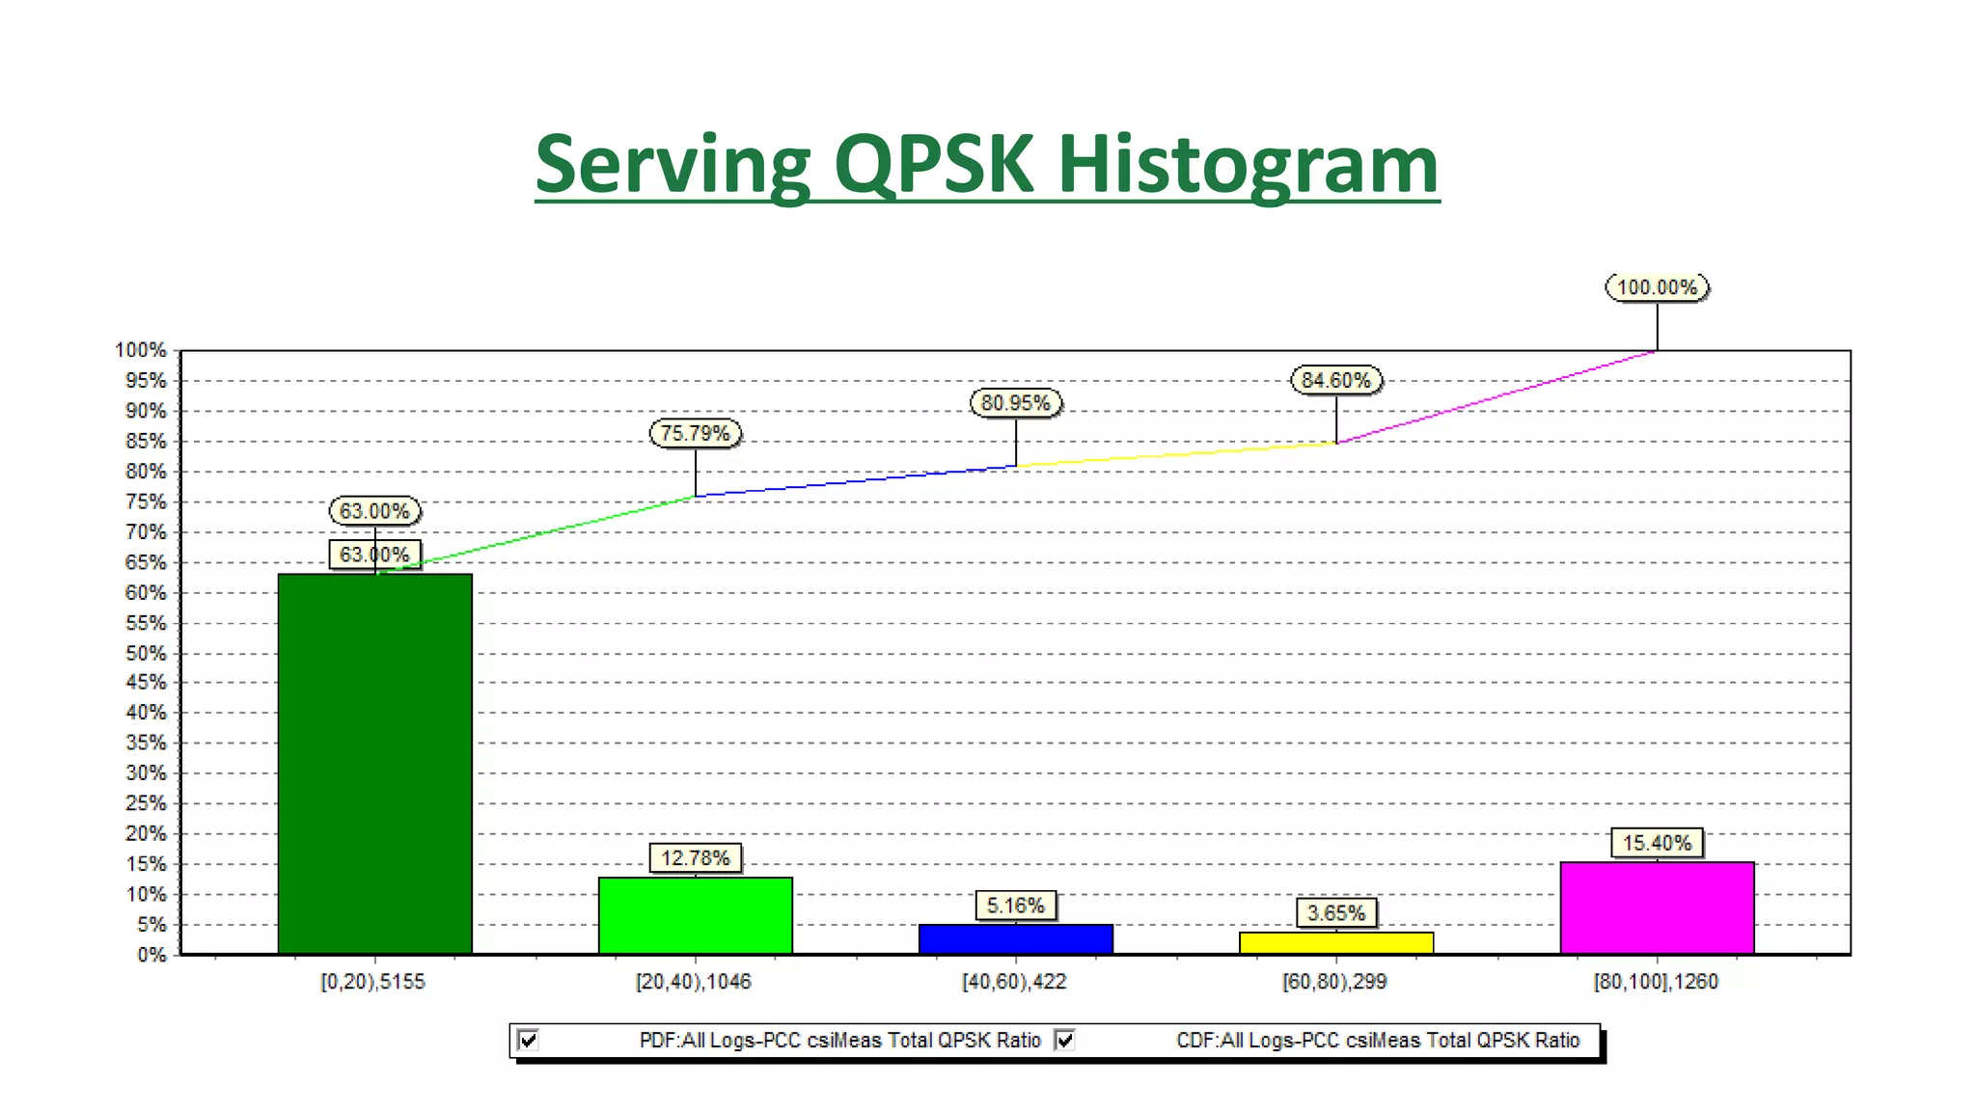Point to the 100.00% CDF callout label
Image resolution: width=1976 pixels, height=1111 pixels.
pyautogui.click(x=1657, y=287)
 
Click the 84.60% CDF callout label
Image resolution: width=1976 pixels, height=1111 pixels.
pyautogui.click(x=1336, y=380)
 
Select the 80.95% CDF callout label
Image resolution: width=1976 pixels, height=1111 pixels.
pyautogui.click(x=1016, y=403)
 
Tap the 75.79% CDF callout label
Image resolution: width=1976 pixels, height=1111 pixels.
pyautogui.click(x=696, y=434)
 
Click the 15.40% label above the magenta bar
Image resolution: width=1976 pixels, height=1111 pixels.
pyautogui.click(x=1657, y=843)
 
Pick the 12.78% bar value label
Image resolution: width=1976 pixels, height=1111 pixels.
pyautogui.click(x=696, y=857)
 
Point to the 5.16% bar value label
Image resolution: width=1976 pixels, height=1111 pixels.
pyautogui.click(x=1016, y=906)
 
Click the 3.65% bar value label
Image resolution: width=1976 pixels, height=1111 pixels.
pyautogui.click(x=1336, y=912)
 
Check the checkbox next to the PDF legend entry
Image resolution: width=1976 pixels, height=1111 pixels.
pyautogui.click(x=529, y=1040)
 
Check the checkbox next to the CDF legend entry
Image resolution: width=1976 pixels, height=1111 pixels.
pyautogui.click(x=1065, y=1040)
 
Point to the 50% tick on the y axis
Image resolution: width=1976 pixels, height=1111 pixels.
pyautogui.click(x=146, y=654)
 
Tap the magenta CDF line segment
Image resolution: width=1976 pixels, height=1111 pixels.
pyautogui.click(x=1496, y=397)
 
